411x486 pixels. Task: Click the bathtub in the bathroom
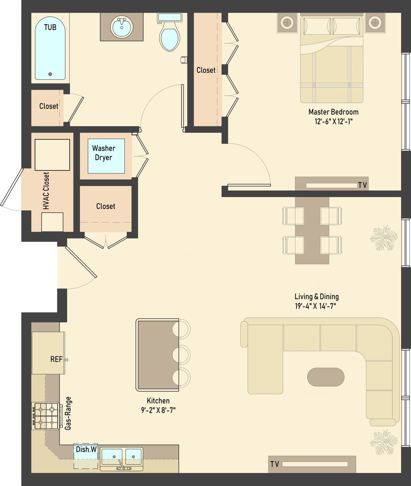pyautogui.click(x=50, y=49)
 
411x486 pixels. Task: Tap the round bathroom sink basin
pyautogui.click(x=122, y=27)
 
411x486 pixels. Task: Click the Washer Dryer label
pyautogui.click(x=104, y=153)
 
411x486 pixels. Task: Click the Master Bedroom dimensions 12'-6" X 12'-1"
pyautogui.click(x=333, y=121)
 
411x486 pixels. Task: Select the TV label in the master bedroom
pyautogui.click(x=362, y=185)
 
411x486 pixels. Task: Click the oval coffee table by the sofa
pyautogui.click(x=326, y=377)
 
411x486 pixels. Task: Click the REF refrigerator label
pyautogui.click(x=56, y=360)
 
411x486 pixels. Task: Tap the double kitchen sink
pyautogui.click(x=121, y=457)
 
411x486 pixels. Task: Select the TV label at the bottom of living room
pyautogui.click(x=274, y=464)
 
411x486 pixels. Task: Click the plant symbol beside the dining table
pyautogui.click(x=384, y=238)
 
